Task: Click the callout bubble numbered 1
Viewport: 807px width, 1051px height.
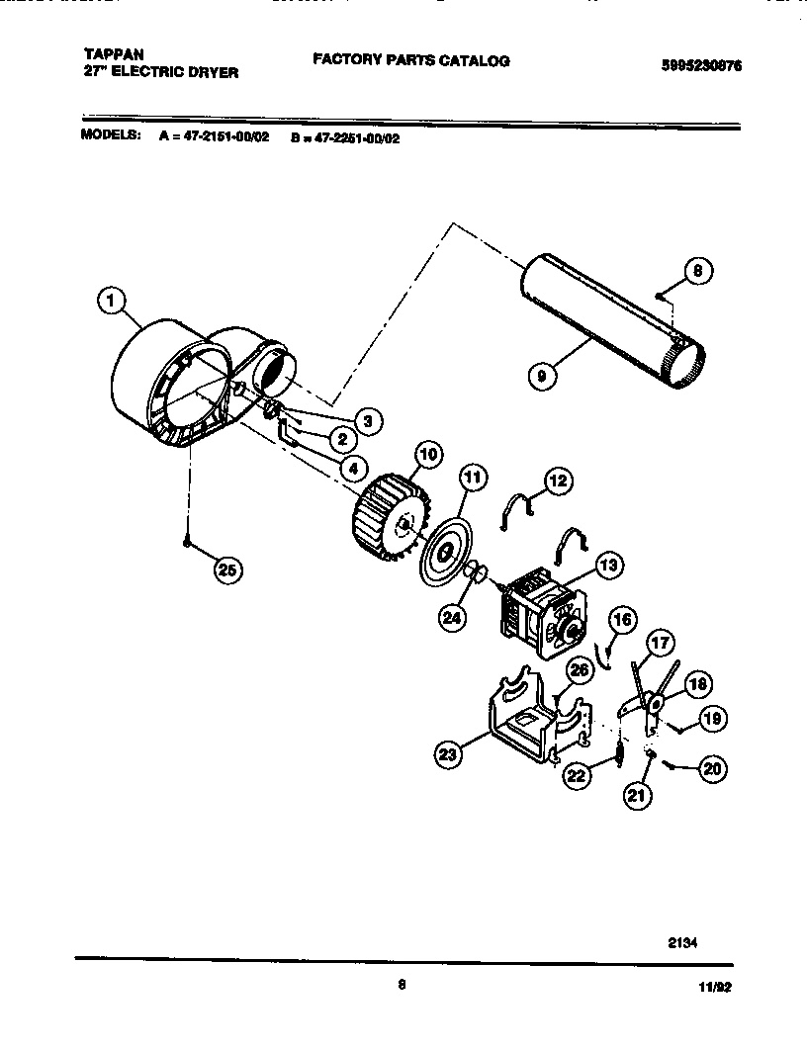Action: (113, 298)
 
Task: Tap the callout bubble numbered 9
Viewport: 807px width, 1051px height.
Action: (543, 376)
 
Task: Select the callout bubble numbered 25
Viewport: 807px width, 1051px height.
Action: (228, 569)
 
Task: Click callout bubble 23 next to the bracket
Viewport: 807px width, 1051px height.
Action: (449, 754)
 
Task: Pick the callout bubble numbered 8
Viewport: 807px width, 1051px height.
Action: (697, 271)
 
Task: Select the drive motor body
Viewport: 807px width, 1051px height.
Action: (540, 614)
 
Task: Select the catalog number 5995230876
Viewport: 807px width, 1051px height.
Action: (701, 65)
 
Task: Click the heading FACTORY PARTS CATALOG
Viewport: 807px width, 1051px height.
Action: (411, 60)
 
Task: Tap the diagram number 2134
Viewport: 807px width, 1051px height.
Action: (682, 942)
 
